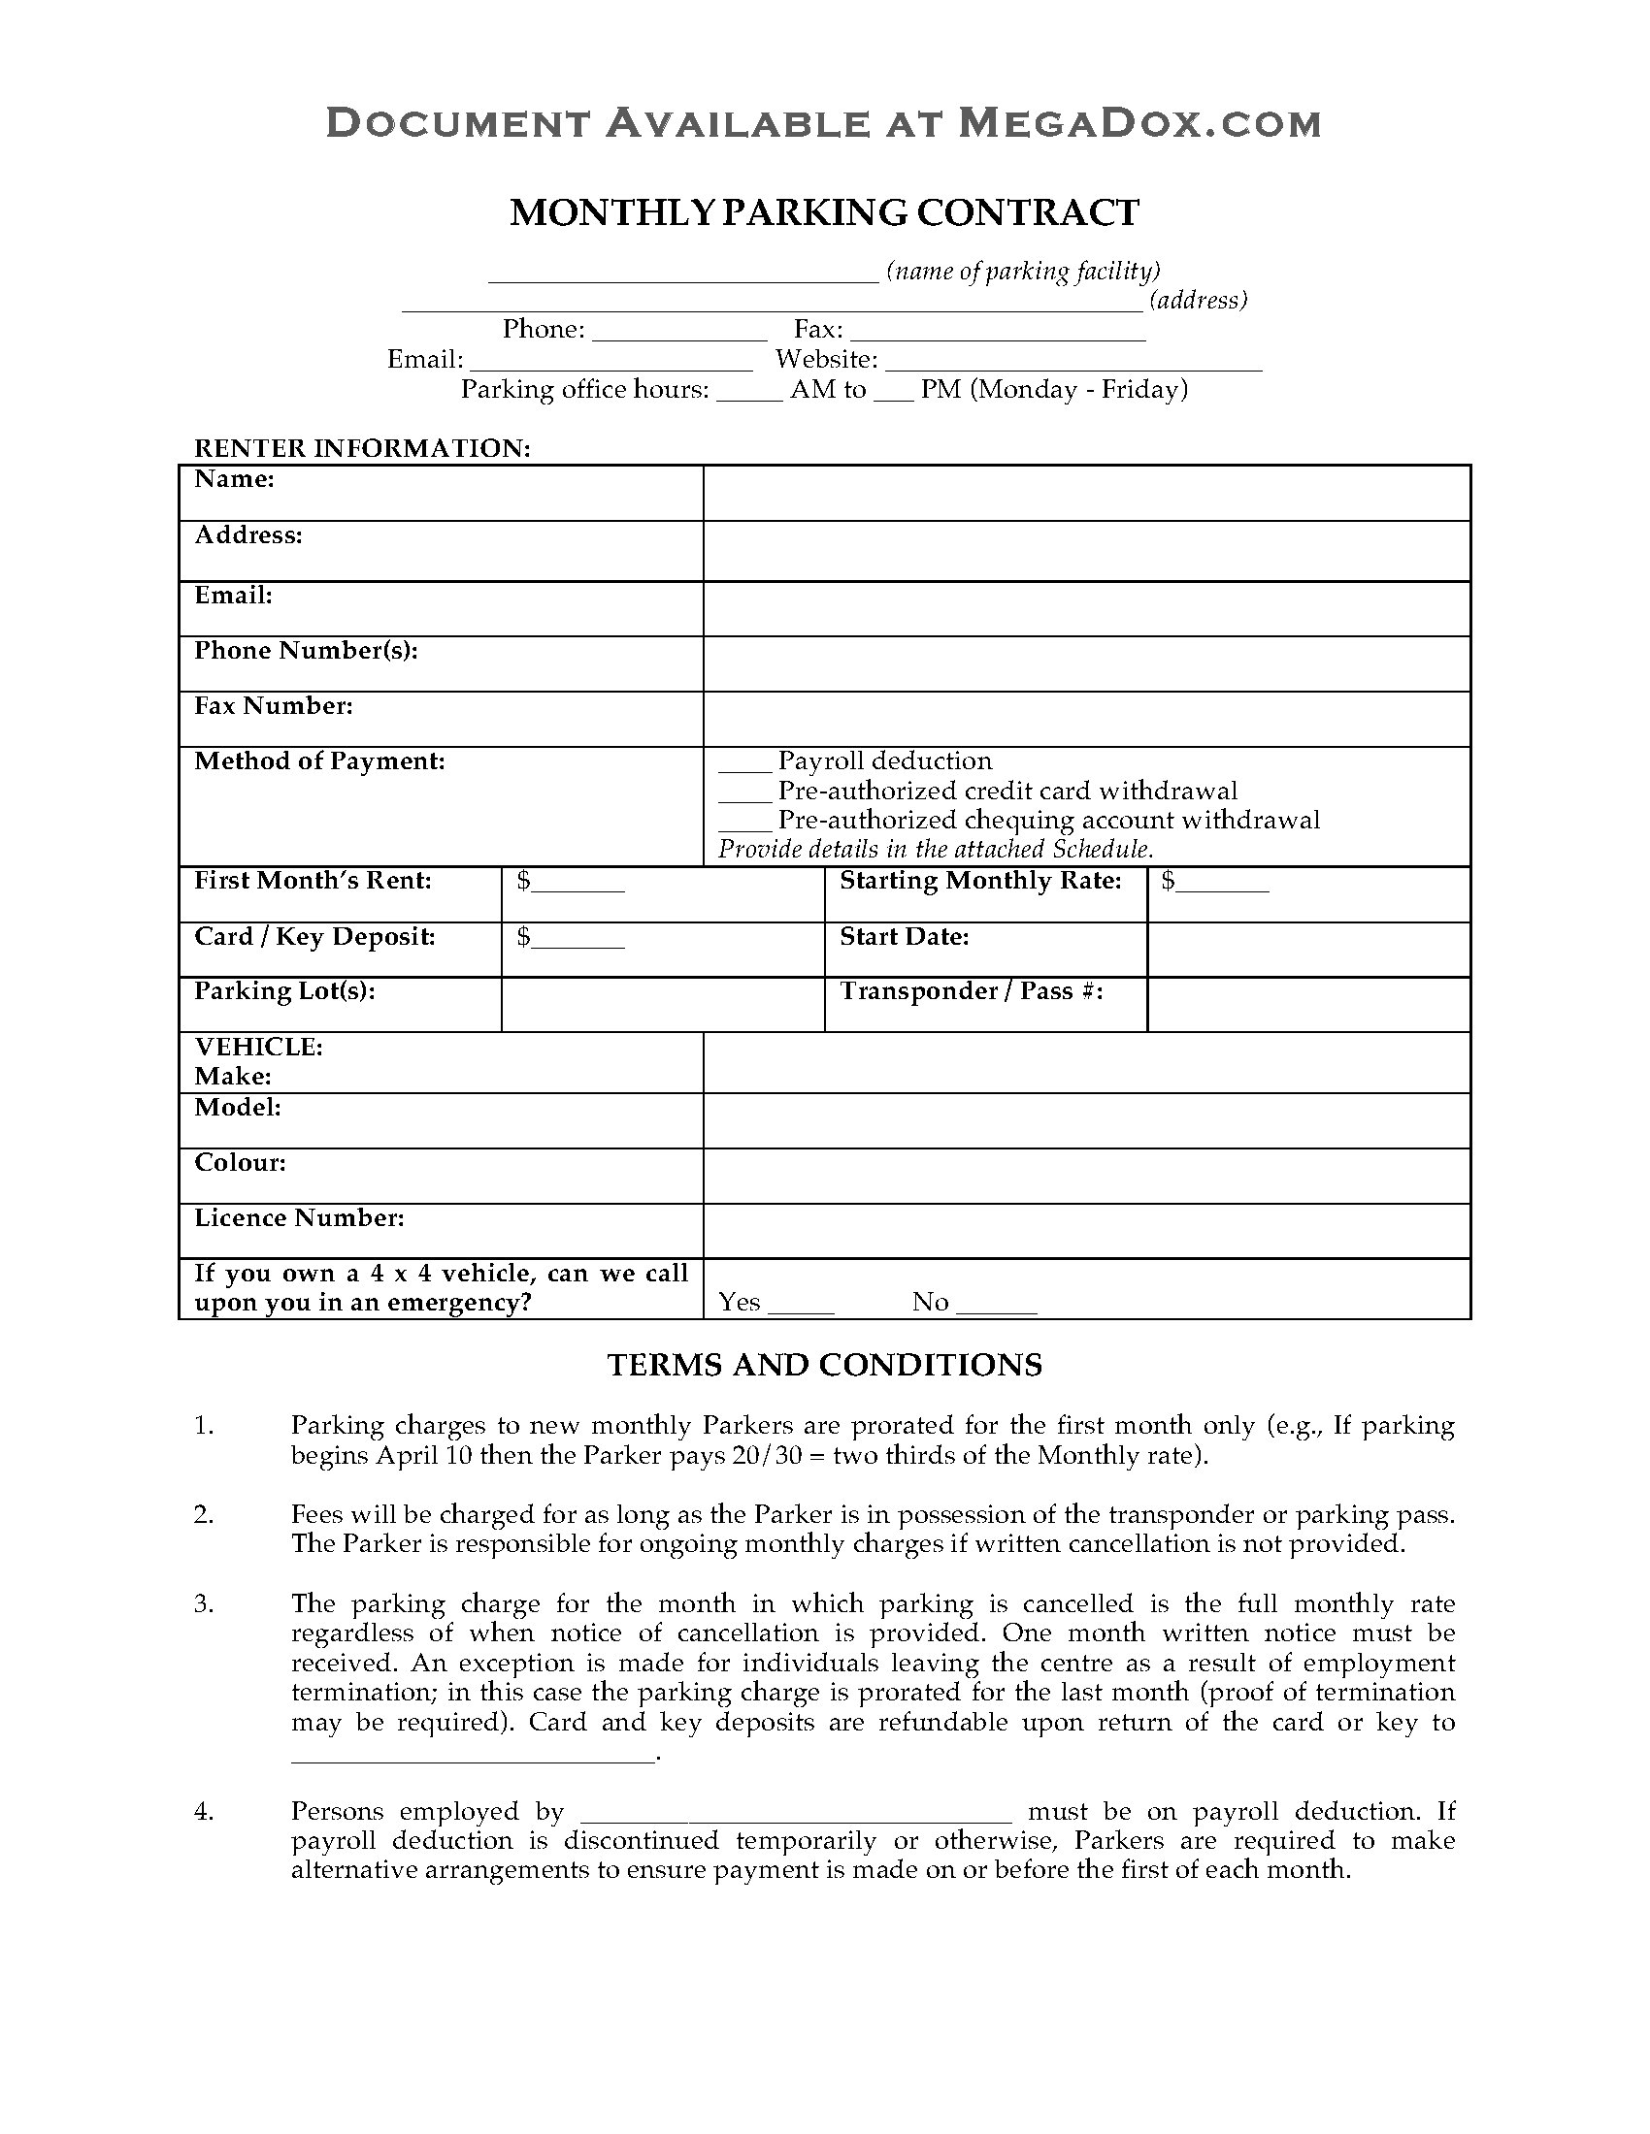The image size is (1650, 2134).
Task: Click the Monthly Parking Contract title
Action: point(824,213)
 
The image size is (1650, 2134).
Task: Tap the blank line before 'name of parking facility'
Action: point(683,275)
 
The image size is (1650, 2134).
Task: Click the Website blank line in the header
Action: point(1073,364)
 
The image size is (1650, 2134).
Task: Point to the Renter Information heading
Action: point(363,448)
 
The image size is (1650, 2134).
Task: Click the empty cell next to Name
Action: point(1086,494)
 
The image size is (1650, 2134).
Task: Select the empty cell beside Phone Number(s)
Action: point(1086,664)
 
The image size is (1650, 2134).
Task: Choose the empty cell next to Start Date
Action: point(1308,950)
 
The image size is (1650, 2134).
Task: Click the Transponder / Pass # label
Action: point(972,991)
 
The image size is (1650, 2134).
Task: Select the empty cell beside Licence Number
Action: point(1086,1230)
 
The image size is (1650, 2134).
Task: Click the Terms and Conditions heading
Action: point(824,1364)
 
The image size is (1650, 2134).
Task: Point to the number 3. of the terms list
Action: point(203,1603)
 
